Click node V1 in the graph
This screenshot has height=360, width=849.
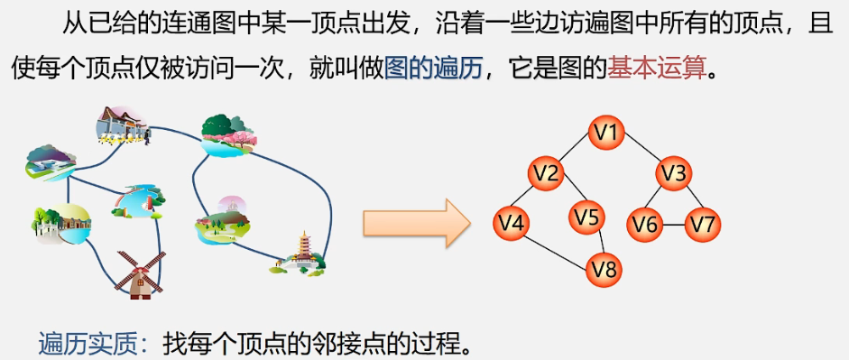(x=608, y=134)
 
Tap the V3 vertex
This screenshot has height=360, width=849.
(x=673, y=171)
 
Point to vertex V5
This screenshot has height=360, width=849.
(x=586, y=217)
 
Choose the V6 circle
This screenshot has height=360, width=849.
(x=646, y=224)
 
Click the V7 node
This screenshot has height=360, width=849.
(x=704, y=224)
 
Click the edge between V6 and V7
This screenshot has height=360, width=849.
(x=675, y=224)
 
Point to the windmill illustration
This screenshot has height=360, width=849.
(x=140, y=270)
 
